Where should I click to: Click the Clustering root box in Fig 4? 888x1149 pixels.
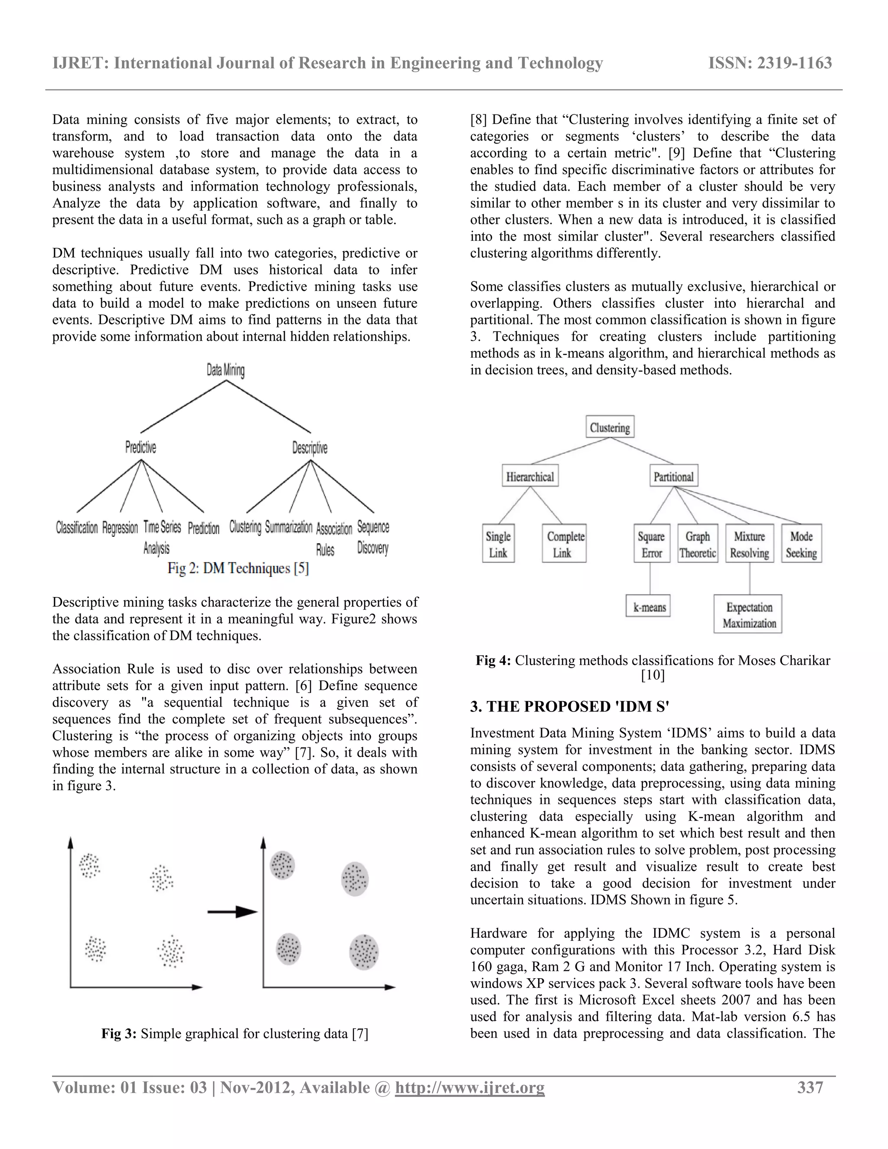click(610, 427)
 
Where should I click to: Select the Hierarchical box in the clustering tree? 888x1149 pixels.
click(530, 476)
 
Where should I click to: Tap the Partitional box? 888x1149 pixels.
click(673, 476)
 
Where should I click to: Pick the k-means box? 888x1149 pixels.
click(649, 607)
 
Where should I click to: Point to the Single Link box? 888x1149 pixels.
click(498, 544)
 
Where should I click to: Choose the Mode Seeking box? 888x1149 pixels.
click(801, 544)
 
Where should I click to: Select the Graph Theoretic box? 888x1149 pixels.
click(698, 544)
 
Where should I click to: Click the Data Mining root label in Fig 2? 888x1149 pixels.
click(225, 370)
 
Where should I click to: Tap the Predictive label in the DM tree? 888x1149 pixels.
click(140, 448)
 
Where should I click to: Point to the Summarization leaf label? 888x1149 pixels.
click(288, 527)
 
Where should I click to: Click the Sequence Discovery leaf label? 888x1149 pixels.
click(373, 537)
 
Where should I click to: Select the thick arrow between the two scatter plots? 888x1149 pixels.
click(232, 912)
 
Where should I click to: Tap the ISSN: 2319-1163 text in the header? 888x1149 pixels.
click(770, 63)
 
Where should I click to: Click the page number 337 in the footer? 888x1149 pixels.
click(810, 1087)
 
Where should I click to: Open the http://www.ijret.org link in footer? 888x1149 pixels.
click(469, 1087)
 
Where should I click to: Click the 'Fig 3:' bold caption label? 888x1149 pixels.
click(119, 1034)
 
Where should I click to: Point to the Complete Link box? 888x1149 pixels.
click(565, 544)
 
